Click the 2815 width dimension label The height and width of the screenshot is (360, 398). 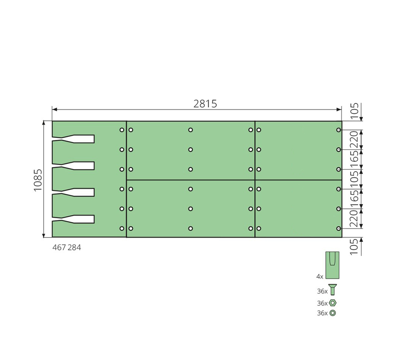click(x=205, y=104)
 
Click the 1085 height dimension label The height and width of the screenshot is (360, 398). click(x=38, y=180)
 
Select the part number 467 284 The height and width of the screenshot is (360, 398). click(x=67, y=247)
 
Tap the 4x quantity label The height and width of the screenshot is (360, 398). click(x=320, y=277)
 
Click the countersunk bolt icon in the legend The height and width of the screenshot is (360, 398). click(x=333, y=290)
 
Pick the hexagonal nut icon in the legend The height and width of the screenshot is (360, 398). click(x=333, y=303)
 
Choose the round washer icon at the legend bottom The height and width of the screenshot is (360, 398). click(x=333, y=313)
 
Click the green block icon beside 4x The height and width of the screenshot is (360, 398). click(x=333, y=265)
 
